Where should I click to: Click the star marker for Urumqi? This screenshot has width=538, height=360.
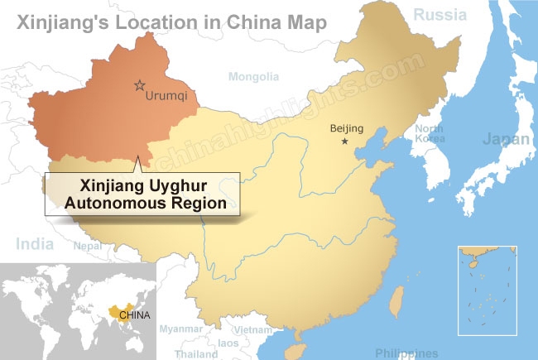[x=139, y=85]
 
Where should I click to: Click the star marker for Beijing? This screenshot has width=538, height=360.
[x=345, y=142]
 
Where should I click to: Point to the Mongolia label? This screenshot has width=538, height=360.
[x=254, y=77]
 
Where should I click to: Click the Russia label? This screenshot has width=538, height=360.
[x=440, y=14]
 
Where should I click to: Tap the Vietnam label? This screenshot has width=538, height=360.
[x=252, y=329]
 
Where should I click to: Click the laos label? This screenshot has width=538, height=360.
[x=228, y=342]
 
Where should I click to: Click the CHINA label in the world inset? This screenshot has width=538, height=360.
[x=135, y=314]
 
